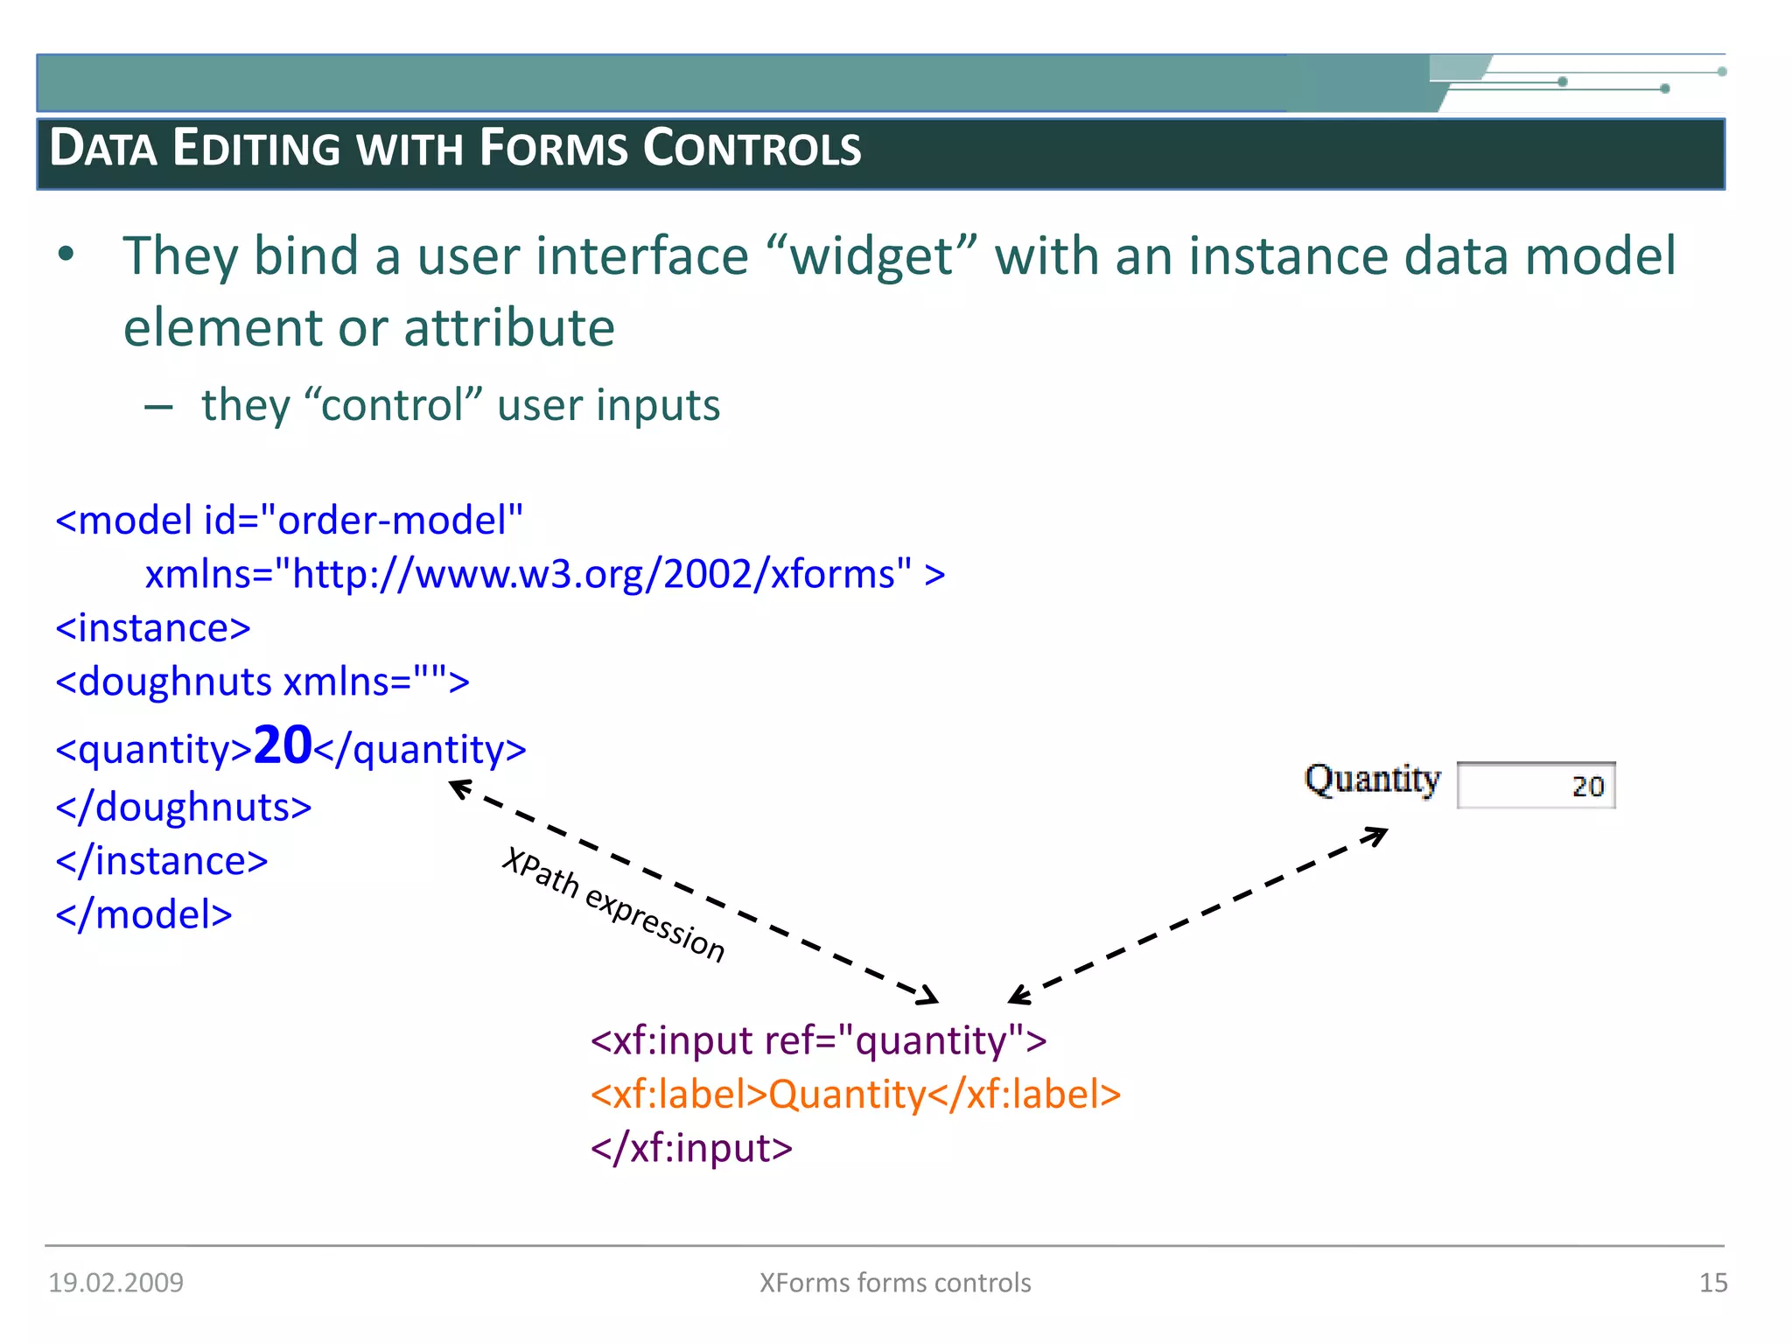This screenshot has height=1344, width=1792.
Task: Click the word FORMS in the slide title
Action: click(x=553, y=148)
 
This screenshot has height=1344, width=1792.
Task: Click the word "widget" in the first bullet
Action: click(x=871, y=256)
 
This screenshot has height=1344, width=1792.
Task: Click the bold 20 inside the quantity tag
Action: click(x=282, y=745)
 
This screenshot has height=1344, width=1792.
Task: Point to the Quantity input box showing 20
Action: click(x=1536, y=786)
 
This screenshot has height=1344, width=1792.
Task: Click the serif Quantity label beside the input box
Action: click(x=1371, y=779)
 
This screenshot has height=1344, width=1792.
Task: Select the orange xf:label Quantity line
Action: click(x=855, y=1095)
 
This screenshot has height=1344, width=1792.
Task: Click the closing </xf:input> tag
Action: click(x=691, y=1148)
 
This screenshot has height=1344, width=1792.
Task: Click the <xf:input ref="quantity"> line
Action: click(x=818, y=1040)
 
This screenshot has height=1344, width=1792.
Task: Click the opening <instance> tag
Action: click(x=153, y=628)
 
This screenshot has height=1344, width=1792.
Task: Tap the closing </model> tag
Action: click(x=144, y=915)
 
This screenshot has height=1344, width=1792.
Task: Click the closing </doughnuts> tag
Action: click(x=184, y=807)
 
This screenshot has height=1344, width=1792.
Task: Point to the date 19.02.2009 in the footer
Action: click(x=115, y=1283)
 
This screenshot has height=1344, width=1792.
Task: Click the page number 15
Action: click(x=1712, y=1283)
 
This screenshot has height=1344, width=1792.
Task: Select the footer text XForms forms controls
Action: click(x=895, y=1283)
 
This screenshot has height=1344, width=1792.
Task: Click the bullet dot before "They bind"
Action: click(x=66, y=255)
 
